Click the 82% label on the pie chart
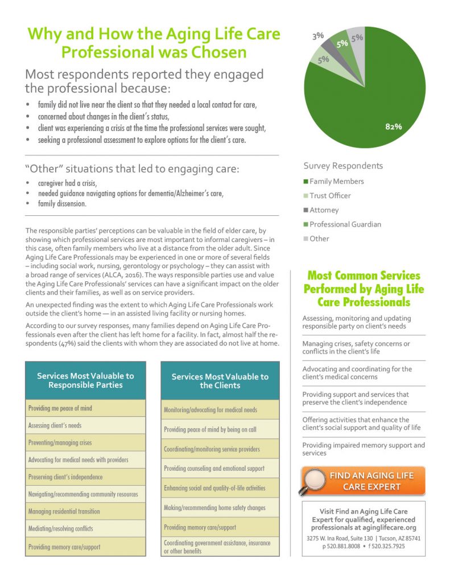(x=393, y=126)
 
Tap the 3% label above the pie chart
(x=318, y=36)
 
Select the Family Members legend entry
(x=336, y=181)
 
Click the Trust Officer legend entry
(x=329, y=195)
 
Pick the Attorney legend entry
(x=324, y=210)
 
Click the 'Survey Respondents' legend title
(x=343, y=166)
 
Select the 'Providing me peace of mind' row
(x=85, y=408)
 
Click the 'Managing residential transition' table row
(x=85, y=511)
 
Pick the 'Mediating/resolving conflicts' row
(x=85, y=529)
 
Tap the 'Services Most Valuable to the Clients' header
(x=220, y=381)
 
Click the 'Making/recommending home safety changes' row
(x=220, y=507)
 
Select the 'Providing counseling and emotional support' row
(x=220, y=469)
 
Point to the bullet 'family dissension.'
(x=62, y=204)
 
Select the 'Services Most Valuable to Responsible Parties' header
(x=85, y=380)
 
